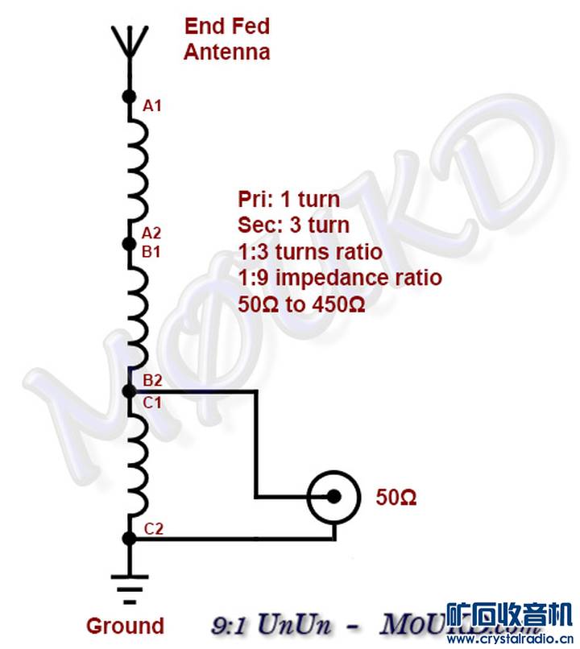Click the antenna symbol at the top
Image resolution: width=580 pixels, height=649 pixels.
128,44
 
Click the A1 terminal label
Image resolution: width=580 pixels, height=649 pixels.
152,105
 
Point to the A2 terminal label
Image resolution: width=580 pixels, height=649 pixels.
151,234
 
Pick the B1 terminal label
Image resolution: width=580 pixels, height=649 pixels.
151,251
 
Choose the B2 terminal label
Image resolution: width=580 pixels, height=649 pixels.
152,379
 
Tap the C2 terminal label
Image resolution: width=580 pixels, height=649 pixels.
154,529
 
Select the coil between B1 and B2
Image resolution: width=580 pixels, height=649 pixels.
136,316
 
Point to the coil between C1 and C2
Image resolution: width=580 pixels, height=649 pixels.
136,465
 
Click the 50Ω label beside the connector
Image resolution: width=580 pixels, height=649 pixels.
396,498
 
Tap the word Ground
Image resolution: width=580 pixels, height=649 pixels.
125,626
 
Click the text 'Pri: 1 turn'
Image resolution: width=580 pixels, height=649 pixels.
288,199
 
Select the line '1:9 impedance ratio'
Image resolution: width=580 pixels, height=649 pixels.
340,278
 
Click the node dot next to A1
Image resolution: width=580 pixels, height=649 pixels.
128,97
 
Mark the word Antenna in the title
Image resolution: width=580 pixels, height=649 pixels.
226,52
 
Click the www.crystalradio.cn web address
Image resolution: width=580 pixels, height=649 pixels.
509,640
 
